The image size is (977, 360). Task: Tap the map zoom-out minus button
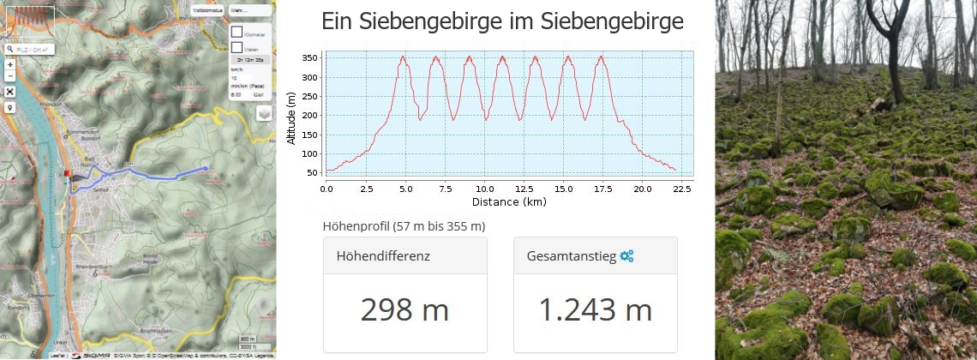(x=9, y=76)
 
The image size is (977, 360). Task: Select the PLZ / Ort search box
(x=30, y=51)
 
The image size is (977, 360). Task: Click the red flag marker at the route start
(x=67, y=175)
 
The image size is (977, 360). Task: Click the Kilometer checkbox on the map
(x=237, y=32)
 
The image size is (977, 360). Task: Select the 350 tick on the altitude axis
(x=309, y=57)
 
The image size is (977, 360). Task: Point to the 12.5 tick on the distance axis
(x=516, y=188)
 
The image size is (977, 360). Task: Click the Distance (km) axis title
(x=508, y=202)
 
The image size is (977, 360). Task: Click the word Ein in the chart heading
(x=336, y=21)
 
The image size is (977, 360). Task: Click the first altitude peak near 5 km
(x=403, y=57)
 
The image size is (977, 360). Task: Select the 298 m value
(x=405, y=309)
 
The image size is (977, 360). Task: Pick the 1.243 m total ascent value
(x=595, y=309)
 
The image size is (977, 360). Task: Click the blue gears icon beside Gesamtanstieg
(x=627, y=255)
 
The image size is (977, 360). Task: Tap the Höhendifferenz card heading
(x=383, y=255)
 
